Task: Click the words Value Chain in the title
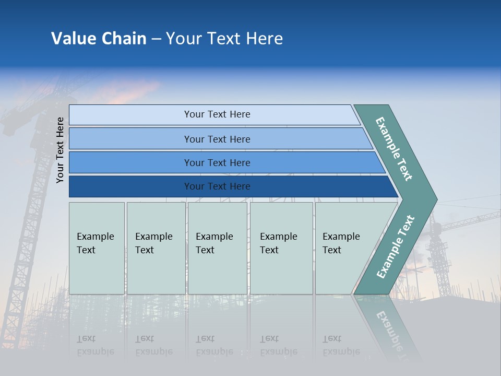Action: (99, 39)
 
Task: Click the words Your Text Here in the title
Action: (224, 39)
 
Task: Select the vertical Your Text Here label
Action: (60, 150)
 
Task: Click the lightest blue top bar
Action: (214, 114)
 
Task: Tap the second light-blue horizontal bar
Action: (219, 139)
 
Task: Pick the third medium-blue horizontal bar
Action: (224, 162)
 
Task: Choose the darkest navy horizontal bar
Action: (130, 186)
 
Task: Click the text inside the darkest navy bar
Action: (217, 186)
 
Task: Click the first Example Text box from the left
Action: (97, 248)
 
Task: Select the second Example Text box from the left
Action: (156, 248)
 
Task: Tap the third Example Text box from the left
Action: (217, 248)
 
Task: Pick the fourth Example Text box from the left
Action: (281, 248)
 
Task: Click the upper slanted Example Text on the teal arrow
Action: (395, 149)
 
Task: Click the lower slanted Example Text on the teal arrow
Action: (395, 247)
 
